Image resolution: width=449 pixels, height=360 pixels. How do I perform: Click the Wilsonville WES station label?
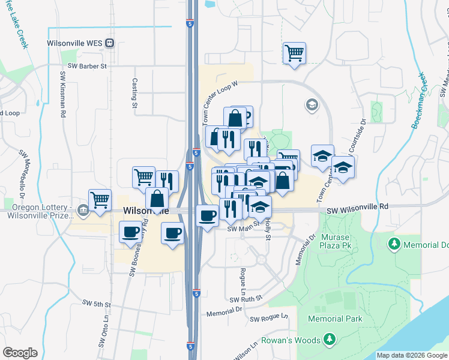74,43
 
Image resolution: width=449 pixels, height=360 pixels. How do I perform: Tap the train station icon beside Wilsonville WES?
110,43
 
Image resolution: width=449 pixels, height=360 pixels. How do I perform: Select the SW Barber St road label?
87,67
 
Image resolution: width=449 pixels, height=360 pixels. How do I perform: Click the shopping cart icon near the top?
294,53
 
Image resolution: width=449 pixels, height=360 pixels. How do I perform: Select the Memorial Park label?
335,319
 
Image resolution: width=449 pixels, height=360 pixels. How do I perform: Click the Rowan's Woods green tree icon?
329,340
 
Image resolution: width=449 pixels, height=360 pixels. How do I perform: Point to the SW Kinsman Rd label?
62,88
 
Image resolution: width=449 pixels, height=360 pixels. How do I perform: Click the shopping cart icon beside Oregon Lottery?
100,200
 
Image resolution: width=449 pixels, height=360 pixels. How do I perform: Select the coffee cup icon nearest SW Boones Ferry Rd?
130,232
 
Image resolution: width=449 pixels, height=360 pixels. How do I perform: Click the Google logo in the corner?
20,353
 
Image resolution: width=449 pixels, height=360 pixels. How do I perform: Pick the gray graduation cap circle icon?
312,106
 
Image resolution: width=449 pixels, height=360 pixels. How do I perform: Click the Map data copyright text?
412,356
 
